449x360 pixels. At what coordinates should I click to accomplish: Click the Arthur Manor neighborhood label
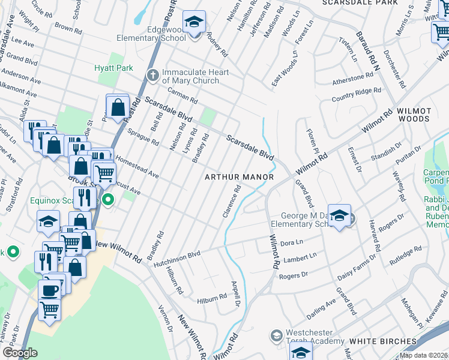239,177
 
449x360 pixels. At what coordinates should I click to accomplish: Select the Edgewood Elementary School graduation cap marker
193,23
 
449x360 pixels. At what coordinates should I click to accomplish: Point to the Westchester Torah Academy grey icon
276,335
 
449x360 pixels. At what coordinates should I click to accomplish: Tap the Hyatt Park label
113,68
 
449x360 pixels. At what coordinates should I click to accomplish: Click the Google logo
20,353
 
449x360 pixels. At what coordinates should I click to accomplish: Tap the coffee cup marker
50,289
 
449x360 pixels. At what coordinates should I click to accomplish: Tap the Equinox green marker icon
108,199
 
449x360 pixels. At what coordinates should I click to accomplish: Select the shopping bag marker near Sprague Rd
118,108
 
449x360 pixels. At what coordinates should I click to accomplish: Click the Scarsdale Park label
368,3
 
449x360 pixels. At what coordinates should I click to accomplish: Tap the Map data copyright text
424,355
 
